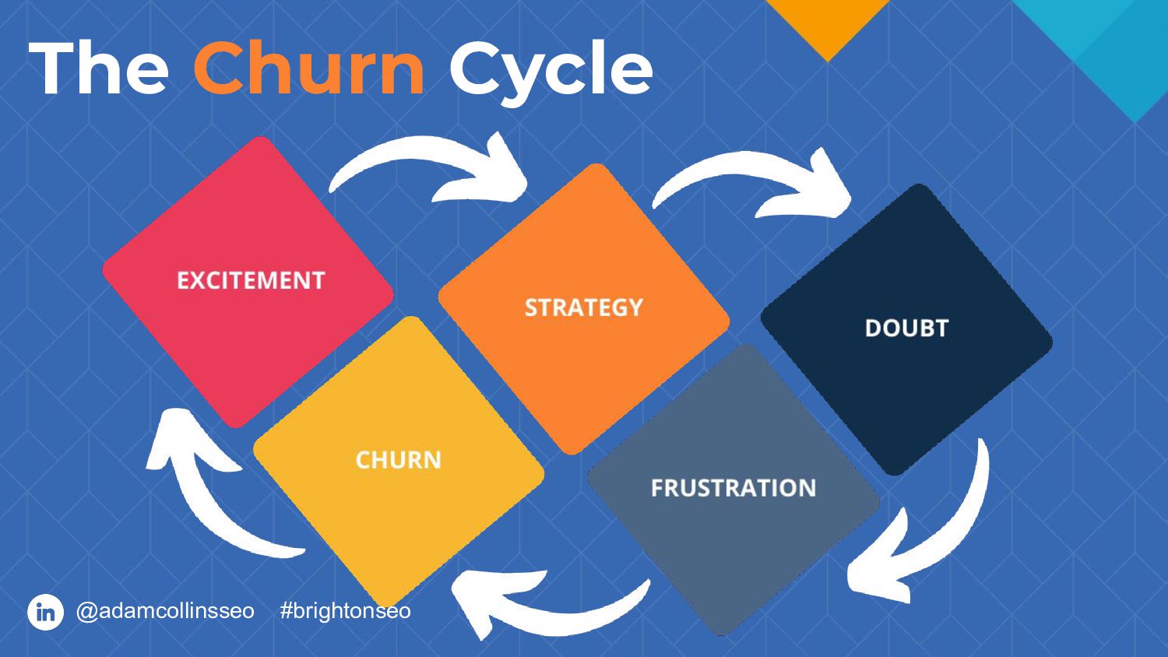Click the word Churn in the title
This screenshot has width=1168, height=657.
point(308,69)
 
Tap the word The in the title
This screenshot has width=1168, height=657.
point(99,69)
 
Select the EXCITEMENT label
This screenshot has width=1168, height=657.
point(251,280)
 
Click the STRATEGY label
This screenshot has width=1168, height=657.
point(583,307)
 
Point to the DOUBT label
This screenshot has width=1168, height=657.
point(906,328)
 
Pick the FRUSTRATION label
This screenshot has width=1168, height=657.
point(733,488)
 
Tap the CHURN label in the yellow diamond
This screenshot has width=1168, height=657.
point(398,460)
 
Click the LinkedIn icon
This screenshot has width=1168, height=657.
point(45,612)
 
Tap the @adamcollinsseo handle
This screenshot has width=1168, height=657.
point(165,611)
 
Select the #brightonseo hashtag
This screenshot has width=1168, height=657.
point(345,611)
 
